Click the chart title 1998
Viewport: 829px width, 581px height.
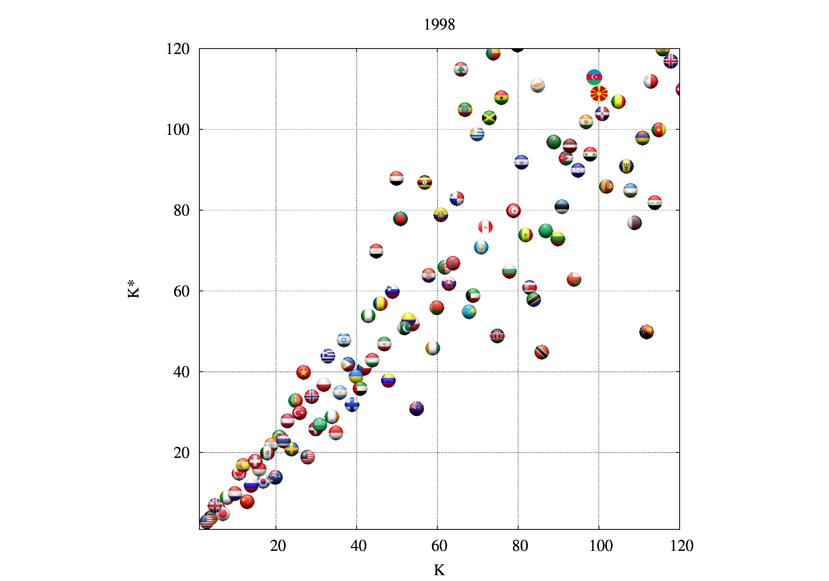click(439, 25)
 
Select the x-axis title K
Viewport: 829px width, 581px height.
click(439, 570)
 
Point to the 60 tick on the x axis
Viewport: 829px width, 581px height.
click(439, 546)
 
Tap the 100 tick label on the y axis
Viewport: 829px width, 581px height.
click(178, 130)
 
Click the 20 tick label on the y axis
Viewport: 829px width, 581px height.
click(181, 453)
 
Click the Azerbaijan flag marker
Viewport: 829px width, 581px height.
click(594, 77)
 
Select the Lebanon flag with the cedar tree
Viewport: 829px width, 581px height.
click(461, 69)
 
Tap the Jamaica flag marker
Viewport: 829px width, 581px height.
click(489, 118)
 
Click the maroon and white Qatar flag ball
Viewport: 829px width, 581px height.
click(634, 222)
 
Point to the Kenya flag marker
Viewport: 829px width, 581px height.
click(497, 336)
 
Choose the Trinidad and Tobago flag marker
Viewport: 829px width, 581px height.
click(542, 352)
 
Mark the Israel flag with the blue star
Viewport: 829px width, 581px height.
click(344, 340)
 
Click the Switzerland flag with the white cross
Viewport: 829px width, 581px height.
click(255, 461)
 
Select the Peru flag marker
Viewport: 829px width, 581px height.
click(485, 227)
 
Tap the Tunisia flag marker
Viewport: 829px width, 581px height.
click(513, 210)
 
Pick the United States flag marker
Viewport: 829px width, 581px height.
click(206, 521)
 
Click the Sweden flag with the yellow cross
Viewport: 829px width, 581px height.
click(291, 449)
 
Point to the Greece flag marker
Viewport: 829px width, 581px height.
click(327, 356)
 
